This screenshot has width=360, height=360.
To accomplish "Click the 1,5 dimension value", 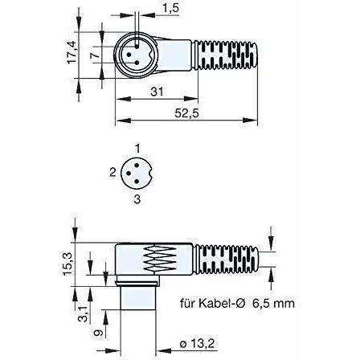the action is pyautogui.click(x=170, y=8).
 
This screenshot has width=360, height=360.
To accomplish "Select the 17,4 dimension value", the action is pyautogui.click(x=72, y=52).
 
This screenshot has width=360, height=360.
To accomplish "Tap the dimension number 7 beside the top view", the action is pyautogui.click(x=96, y=55).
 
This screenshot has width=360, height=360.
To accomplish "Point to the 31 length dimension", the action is pyautogui.click(x=157, y=92).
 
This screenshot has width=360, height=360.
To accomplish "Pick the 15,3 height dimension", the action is pyautogui.click(x=67, y=264).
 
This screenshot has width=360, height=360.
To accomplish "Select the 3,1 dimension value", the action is pyautogui.click(x=83, y=314).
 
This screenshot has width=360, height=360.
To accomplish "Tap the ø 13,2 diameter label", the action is pyautogui.click(x=198, y=344).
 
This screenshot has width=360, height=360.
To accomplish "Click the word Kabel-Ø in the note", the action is pyautogui.click(x=222, y=304).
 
